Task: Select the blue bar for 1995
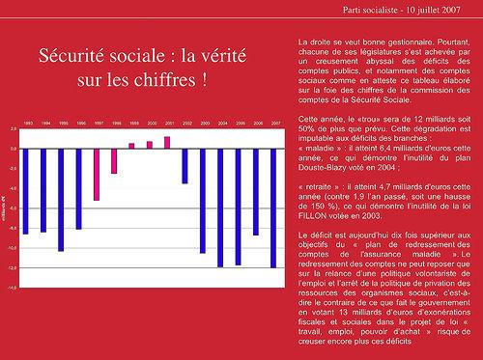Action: tap(61, 200)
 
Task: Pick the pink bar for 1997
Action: tap(97, 175)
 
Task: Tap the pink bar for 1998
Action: tap(114, 161)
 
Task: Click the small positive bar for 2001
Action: tap(167, 143)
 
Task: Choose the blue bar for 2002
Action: tap(185, 166)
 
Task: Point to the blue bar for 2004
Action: tap(220, 208)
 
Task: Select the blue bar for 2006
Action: tap(256, 192)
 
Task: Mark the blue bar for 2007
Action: tap(273, 208)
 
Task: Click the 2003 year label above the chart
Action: tap(202, 125)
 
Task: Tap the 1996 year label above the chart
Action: tap(78, 125)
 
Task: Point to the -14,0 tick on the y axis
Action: tap(11, 288)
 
